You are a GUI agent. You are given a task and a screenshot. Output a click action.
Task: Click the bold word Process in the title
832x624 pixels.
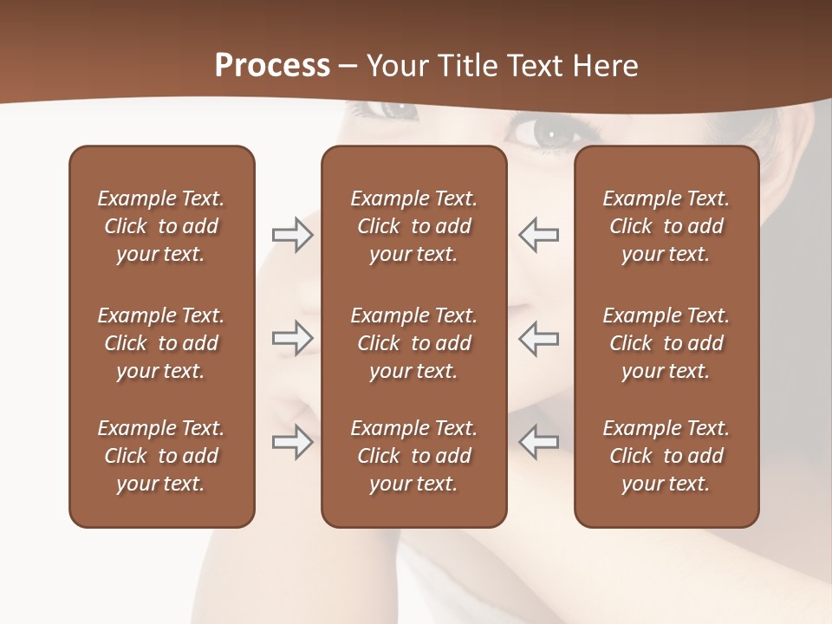click(272, 66)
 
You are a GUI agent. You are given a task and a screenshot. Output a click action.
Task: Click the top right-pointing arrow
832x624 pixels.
click(292, 235)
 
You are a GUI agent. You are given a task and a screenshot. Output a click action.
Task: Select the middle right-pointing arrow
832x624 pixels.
click(292, 338)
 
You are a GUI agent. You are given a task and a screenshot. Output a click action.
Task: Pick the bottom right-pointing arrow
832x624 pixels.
click(292, 442)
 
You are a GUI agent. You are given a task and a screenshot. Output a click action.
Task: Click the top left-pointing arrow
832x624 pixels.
click(538, 235)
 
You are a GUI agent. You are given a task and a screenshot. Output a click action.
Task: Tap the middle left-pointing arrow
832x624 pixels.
click(538, 338)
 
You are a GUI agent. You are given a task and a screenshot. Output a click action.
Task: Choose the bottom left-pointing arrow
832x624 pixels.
click(538, 442)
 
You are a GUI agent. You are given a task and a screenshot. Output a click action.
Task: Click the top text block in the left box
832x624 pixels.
click(161, 226)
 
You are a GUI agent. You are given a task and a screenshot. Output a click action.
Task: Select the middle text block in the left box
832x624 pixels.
click(161, 343)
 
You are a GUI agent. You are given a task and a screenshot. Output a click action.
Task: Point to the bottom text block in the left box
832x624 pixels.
click(161, 456)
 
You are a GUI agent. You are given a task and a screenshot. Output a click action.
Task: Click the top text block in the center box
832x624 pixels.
click(413, 226)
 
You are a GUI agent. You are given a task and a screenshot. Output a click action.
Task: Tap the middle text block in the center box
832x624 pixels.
click(413, 343)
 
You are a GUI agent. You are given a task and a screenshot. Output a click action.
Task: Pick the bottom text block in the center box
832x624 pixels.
click(413, 456)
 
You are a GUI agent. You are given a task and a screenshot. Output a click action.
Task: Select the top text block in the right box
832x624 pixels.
click(666, 226)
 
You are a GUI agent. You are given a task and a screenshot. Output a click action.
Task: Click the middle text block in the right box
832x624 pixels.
click(666, 343)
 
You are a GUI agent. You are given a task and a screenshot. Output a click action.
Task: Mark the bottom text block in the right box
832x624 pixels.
click(666, 456)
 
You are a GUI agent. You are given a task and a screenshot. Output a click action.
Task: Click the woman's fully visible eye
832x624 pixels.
click(548, 133)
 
